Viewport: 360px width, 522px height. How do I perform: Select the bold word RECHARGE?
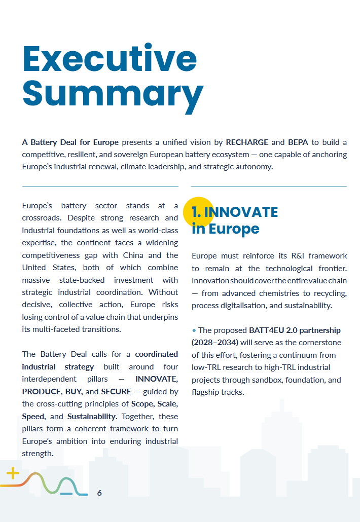click(x=247, y=142)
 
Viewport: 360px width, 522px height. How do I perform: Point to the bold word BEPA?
click(x=298, y=142)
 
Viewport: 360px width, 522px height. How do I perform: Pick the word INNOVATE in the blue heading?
click(x=243, y=212)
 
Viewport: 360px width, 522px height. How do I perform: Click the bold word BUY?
click(x=74, y=392)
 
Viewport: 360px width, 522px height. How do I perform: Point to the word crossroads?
click(x=43, y=218)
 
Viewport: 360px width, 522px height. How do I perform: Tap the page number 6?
click(x=99, y=493)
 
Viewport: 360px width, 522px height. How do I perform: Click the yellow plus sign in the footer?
click(x=13, y=474)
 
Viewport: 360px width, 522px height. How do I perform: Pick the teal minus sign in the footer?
click(x=66, y=494)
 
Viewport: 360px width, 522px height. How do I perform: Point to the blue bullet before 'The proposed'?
click(x=194, y=330)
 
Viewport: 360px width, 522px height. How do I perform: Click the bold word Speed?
click(x=33, y=417)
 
